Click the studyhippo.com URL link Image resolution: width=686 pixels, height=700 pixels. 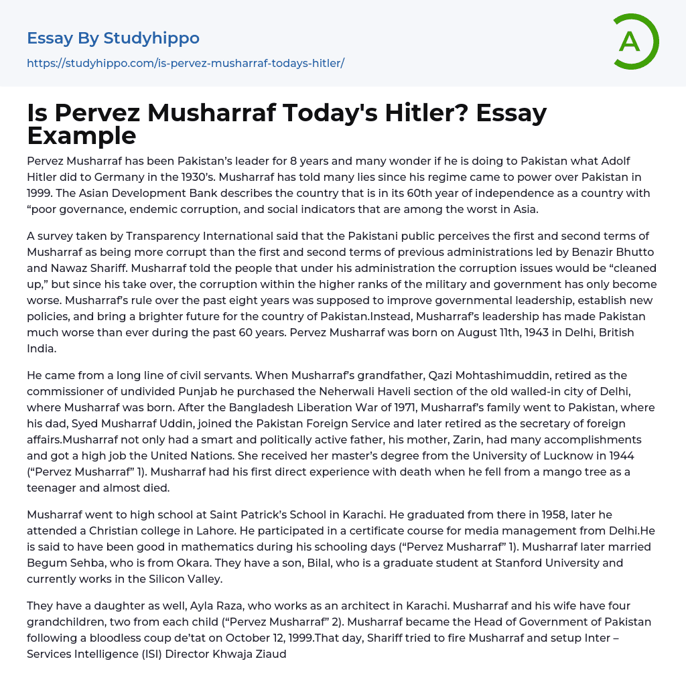[186, 64]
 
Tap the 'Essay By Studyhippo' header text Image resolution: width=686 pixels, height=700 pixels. [113, 38]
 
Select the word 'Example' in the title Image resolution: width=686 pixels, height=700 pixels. [82, 135]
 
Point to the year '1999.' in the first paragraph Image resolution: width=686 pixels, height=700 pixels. [45, 193]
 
